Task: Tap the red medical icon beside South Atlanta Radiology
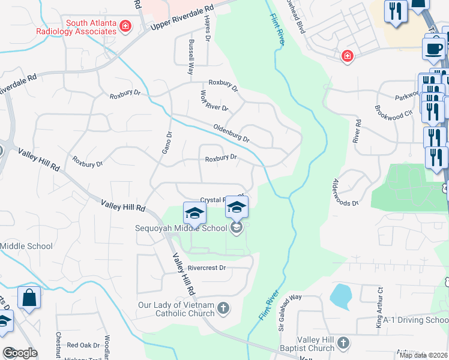point(125,26)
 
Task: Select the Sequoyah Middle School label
point(182,227)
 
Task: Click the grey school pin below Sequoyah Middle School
point(236,227)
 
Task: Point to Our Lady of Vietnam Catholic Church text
point(176,309)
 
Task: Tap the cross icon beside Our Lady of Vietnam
point(223,308)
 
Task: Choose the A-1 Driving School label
point(415,320)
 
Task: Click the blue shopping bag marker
point(29,299)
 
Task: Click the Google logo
point(20,353)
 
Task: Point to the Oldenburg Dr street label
point(231,133)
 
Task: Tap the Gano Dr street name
point(166,142)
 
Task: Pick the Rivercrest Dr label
point(206,268)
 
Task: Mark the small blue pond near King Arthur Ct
point(340,296)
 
